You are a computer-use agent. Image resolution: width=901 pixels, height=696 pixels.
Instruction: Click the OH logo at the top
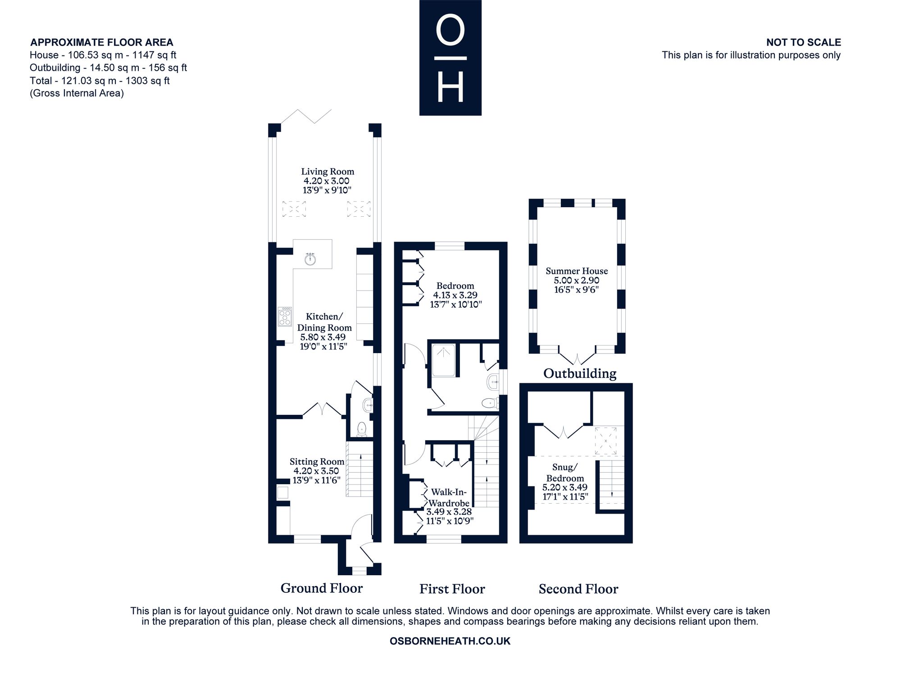click(x=450, y=58)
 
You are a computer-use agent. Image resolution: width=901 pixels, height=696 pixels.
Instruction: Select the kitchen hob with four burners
click(x=285, y=316)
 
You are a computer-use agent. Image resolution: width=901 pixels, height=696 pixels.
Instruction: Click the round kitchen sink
click(x=309, y=259)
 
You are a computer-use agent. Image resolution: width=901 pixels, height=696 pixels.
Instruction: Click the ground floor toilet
click(x=362, y=429)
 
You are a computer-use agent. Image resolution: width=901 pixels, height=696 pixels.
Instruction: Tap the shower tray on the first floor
click(x=444, y=360)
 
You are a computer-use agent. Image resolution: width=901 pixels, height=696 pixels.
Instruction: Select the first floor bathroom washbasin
click(x=493, y=382)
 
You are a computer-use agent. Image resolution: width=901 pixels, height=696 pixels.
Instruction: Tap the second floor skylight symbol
click(x=605, y=441)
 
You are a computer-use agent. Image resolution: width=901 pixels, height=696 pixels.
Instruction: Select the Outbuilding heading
click(x=580, y=373)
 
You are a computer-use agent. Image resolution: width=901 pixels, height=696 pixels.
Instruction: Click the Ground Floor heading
click(x=322, y=588)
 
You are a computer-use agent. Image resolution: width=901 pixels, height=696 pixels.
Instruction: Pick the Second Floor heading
click(x=578, y=589)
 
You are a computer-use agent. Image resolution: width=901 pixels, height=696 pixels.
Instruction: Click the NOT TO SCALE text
click(x=804, y=42)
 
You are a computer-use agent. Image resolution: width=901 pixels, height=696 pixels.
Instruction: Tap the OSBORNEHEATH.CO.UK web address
click(x=450, y=641)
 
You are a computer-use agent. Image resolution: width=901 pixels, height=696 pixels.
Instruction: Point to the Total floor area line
click(x=100, y=81)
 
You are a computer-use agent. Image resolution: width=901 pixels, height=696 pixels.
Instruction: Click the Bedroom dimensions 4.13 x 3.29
click(x=455, y=295)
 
